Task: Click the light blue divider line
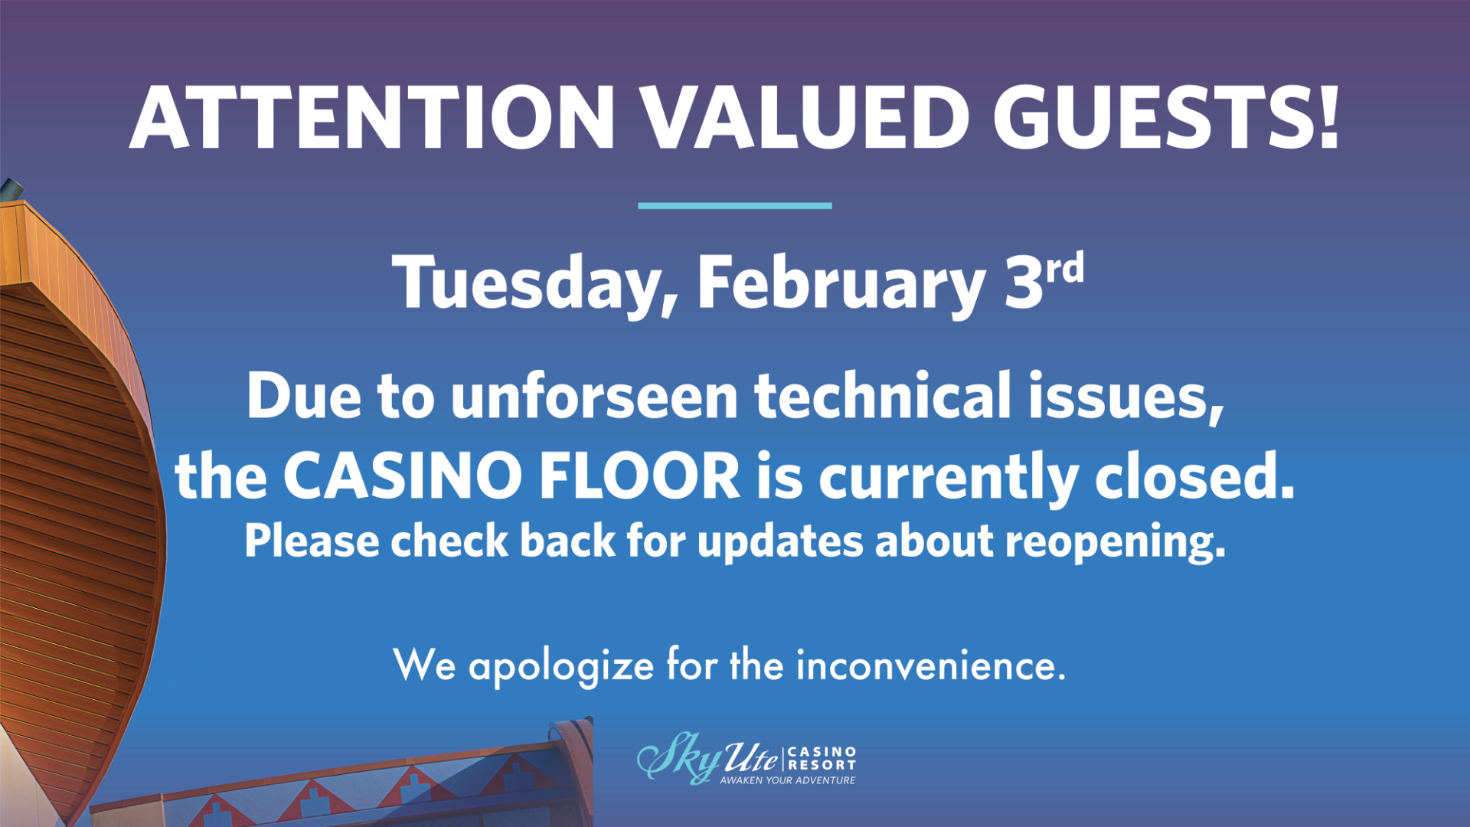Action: [735, 205]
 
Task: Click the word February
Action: [841, 283]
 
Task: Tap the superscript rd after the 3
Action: [1065, 269]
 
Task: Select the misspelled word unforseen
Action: [594, 396]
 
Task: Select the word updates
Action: [779, 542]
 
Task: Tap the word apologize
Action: [561, 665]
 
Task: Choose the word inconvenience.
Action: [931, 665]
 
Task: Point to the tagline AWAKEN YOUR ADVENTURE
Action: [788, 780]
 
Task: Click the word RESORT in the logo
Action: [822, 765]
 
